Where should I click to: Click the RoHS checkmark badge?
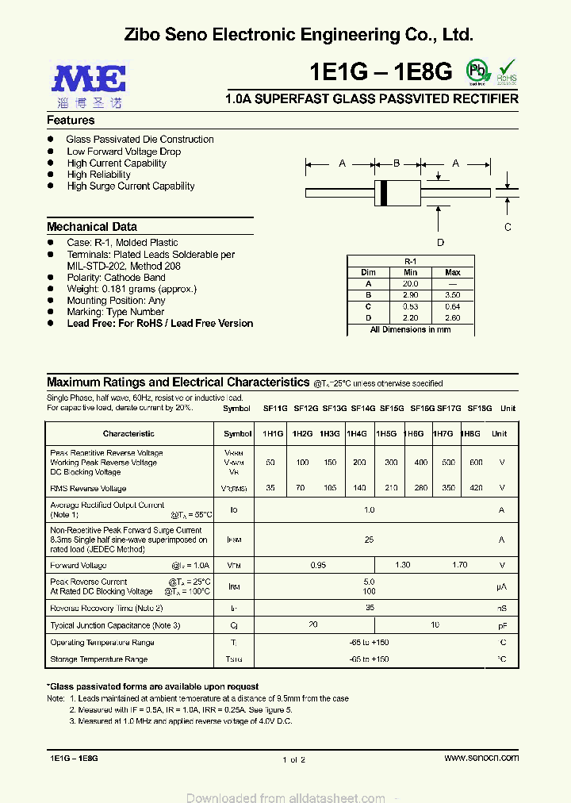[507, 70]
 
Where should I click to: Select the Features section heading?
[71, 121]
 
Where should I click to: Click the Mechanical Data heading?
[91, 226]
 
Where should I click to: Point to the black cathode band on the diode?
[385, 191]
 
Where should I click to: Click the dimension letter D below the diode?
[440, 243]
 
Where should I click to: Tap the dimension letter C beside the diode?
[508, 227]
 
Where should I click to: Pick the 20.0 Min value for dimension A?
[410, 283]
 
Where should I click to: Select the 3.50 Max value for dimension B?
[452, 294]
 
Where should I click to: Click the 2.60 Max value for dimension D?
[452, 317]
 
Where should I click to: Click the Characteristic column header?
[128, 434]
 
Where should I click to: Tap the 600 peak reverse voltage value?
[475, 463]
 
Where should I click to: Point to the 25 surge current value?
[369, 540]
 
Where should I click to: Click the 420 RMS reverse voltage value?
[475, 489]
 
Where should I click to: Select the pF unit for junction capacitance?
[501, 625]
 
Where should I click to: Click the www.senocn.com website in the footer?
[481, 758]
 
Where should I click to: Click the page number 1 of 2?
[293, 759]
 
